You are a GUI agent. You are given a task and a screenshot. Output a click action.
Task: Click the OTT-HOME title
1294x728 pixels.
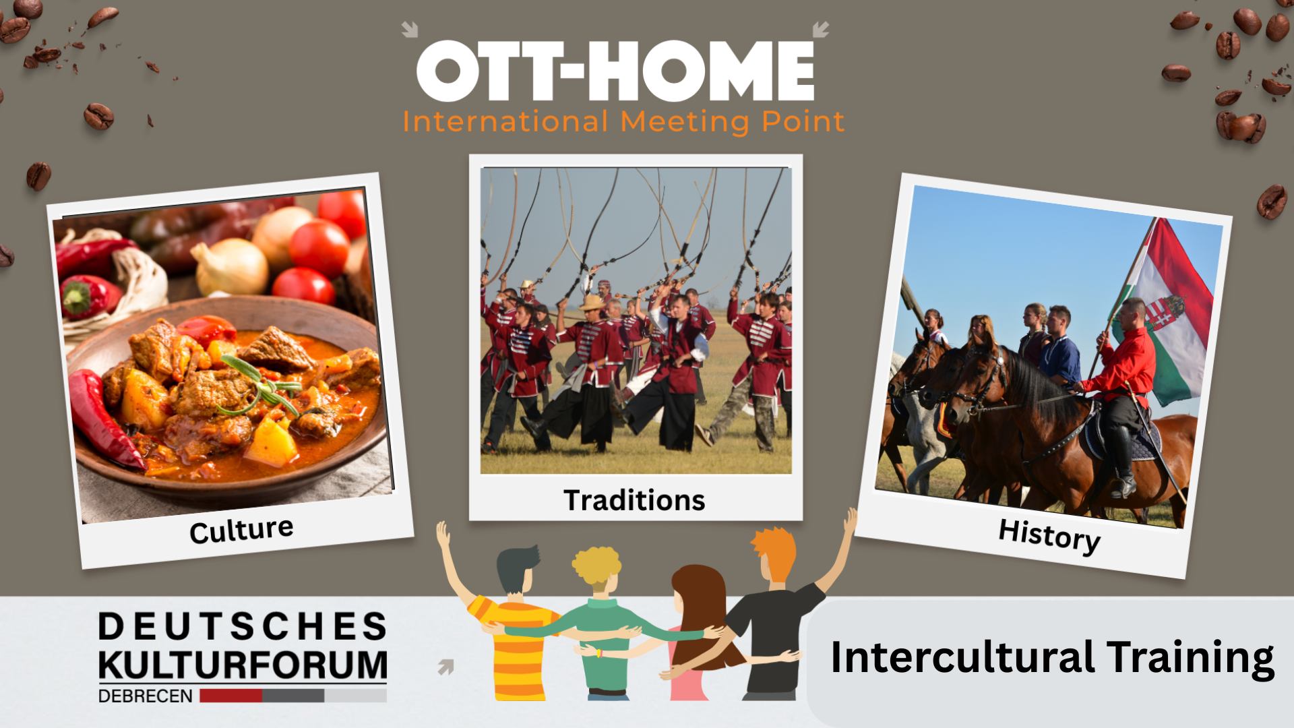tap(615, 72)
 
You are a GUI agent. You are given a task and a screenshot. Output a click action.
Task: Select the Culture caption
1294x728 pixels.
tap(241, 530)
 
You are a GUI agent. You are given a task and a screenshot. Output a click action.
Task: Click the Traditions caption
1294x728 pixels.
tap(634, 500)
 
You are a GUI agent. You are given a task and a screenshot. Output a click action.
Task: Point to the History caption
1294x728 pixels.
tap(1049, 536)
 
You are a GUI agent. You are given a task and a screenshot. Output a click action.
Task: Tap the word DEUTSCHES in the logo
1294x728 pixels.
tap(243, 626)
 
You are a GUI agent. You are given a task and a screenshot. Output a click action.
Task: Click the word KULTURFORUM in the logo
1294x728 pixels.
tap(243, 664)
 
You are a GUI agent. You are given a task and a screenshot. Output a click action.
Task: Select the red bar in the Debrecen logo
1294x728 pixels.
tap(230, 696)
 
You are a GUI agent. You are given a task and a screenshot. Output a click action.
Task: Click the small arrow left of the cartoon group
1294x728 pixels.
tap(445, 667)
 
